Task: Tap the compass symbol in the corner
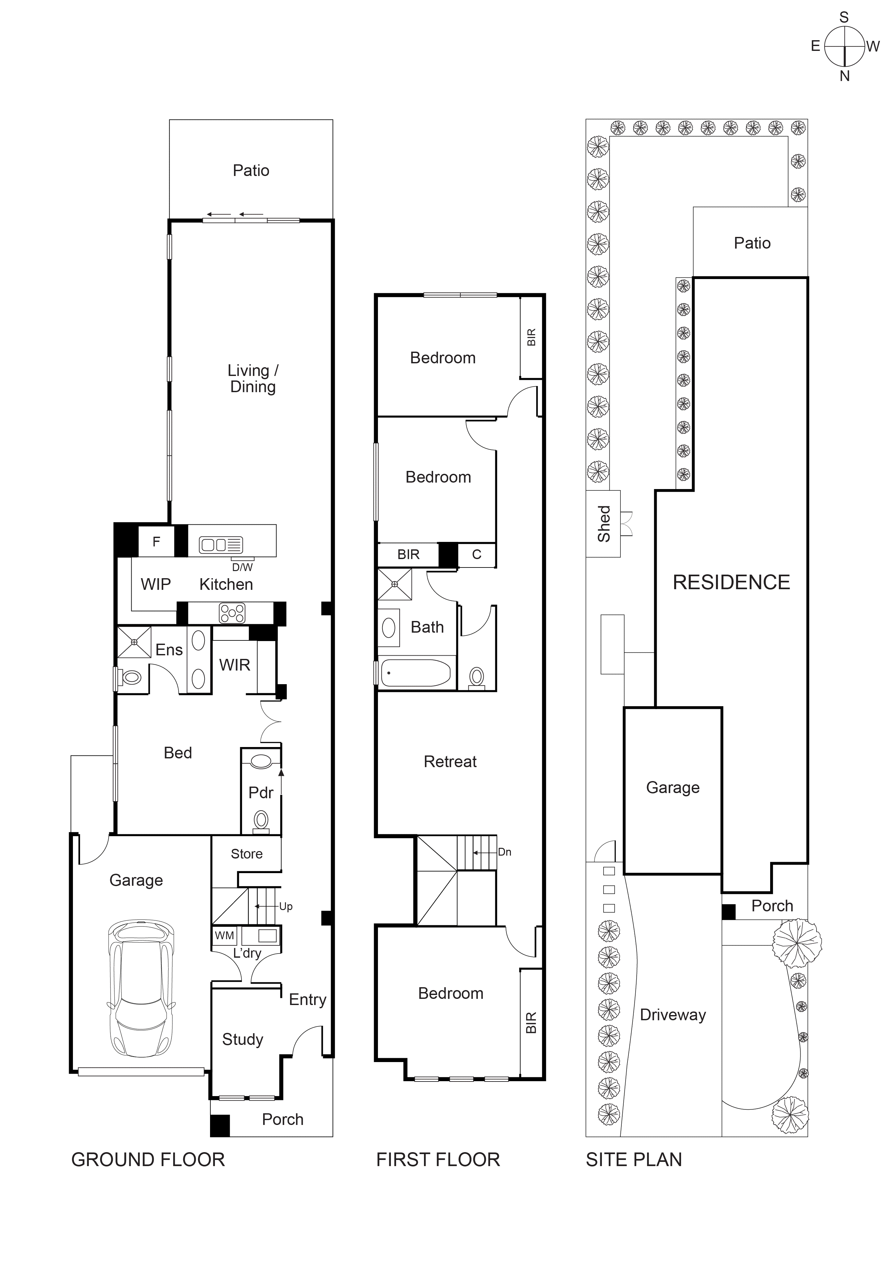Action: [x=845, y=46]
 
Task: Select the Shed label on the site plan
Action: [x=604, y=524]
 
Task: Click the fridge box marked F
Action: [x=156, y=542]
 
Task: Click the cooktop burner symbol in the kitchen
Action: [x=232, y=613]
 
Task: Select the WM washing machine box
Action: [x=225, y=935]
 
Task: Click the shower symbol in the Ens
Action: [x=134, y=642]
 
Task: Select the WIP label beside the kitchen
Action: [x=156, y=584]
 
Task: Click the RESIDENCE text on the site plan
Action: [x=731, y=582]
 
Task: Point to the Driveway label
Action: [x=672, y=1015]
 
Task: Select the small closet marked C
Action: [x=476, y=555]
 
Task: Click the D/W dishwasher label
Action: [x=242, y=567]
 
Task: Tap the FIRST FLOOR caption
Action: [x=438, y=1160]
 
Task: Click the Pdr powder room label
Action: [x=261, y=793]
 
